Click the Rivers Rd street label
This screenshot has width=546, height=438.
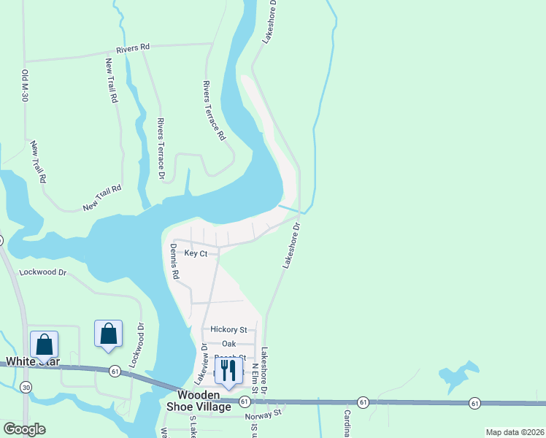(133, 48)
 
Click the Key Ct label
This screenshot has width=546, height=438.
(196, 253)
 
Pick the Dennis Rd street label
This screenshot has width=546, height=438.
(175, 262)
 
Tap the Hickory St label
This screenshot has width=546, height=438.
(228, 330)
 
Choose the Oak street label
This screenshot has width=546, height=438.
(229, 344)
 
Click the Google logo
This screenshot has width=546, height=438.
(24, 429)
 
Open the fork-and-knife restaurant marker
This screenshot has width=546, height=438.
(227, 372)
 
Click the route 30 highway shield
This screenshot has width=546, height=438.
(26, 386)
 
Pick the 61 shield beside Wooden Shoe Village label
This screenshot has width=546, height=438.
(245, 402)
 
